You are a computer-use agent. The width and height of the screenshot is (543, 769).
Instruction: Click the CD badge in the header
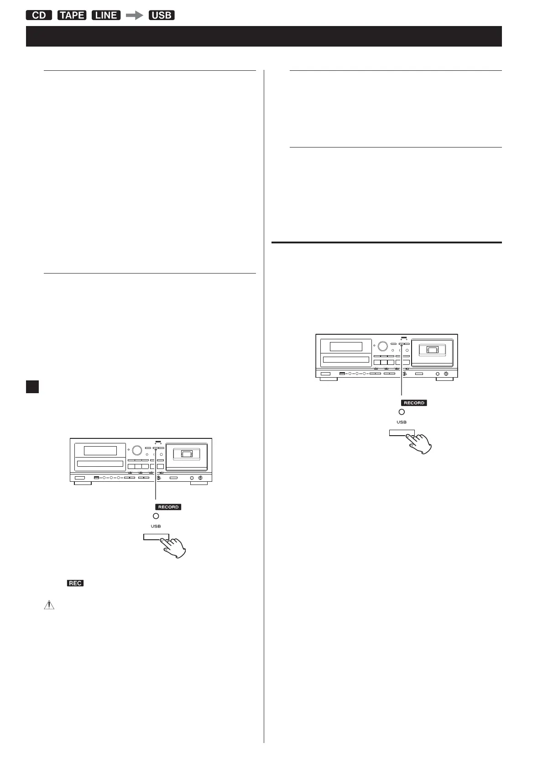coord(39,15)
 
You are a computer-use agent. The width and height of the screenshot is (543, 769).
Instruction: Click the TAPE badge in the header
coord(72,15)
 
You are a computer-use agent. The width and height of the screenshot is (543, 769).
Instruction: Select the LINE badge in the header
coord(106,15)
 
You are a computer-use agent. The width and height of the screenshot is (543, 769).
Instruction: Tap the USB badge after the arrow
coord(162,15)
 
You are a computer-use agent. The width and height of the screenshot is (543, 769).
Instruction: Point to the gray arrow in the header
coord(135,15)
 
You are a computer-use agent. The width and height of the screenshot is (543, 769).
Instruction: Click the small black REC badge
coord(75,583)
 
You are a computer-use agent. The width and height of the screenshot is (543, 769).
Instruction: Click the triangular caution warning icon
coord(49,605)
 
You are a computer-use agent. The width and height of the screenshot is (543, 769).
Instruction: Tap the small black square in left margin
coord(32,387)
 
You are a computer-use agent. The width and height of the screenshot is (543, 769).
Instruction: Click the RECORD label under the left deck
coord(168,507)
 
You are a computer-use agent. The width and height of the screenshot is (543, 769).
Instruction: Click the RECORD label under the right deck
coord(414,403)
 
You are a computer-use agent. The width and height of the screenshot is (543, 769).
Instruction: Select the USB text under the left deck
coord(156,526)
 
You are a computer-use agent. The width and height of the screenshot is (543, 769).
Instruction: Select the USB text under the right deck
coord(402,422)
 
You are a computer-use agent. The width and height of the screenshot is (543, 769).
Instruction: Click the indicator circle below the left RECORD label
coord(156,516)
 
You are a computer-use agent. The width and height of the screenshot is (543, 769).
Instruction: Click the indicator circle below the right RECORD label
coord(402,412)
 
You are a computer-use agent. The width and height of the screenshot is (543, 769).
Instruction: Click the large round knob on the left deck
coord(137,450)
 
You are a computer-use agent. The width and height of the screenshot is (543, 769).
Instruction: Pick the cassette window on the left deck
coord(187,454)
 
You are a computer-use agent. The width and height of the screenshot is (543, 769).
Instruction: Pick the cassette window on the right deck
coord(432,350)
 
